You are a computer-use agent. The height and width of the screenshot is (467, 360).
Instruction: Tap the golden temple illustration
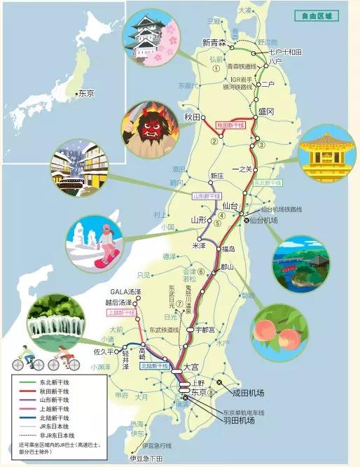pyautogui.click(x=324, y=152)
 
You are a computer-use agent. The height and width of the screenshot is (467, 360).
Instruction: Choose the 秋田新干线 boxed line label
pyautogui.click(x=230, y=124)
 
